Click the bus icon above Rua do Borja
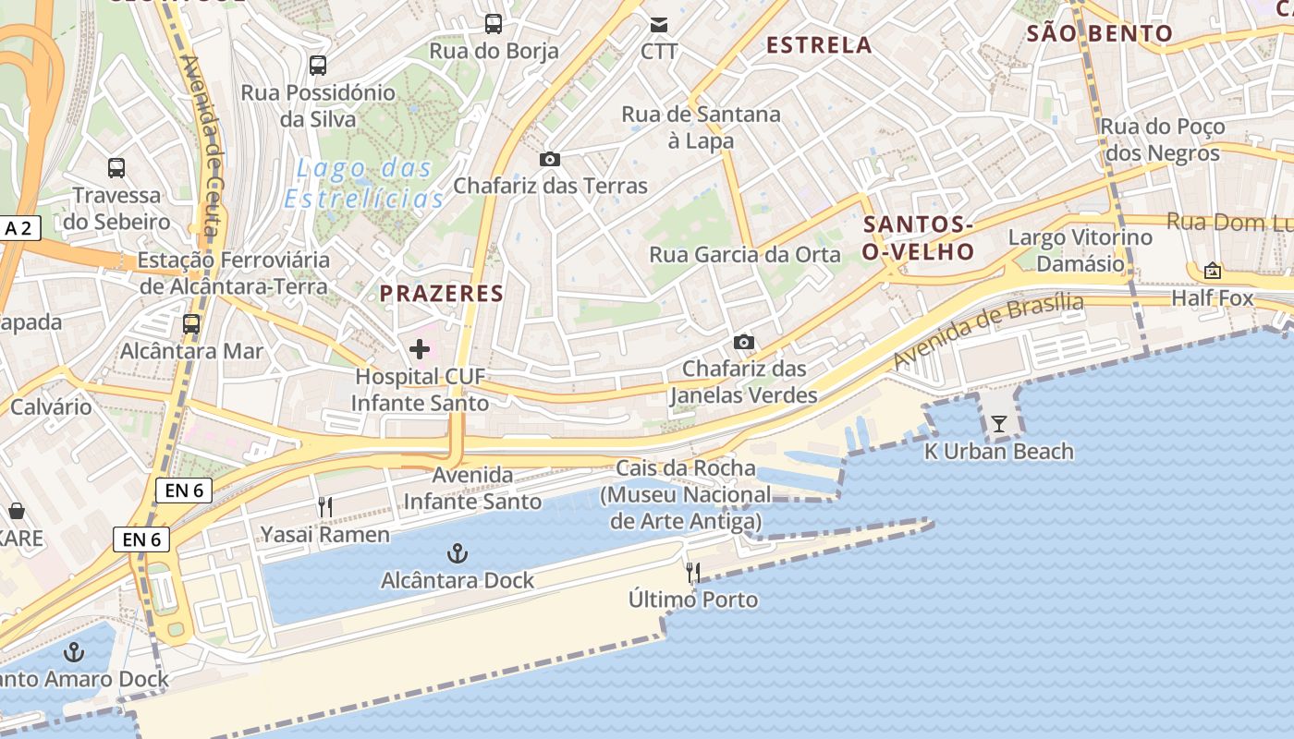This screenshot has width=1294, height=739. (x=494, y=24)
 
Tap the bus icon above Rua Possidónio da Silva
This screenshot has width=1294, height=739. (x=318, y=66)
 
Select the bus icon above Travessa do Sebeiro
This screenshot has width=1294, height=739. (x=116, y=168)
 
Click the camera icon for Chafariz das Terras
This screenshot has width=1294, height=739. (x=550, y=159)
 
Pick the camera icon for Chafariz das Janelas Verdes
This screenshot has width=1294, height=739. (x=743, y=343)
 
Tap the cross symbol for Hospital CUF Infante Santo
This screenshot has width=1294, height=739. (x=420, y=349)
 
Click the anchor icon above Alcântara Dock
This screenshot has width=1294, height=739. (x=457, y=553)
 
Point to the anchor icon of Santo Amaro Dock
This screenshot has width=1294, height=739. (x=74, y=653)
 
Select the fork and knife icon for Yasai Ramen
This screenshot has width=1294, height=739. (x=324, y=507)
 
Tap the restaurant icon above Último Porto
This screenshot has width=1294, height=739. (x=693, y=573)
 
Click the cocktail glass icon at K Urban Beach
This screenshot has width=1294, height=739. (x=999, y=424)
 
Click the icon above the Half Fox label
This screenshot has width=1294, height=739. (x=1212, y=271)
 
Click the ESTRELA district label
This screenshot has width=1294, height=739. (x=819, y=44)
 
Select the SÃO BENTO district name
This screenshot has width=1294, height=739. (x=1100, y=34)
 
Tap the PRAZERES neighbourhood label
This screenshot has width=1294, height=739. (x=442, y=294)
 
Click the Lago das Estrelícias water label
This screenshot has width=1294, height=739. (x=364, y=184)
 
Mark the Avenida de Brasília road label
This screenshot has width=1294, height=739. (x=988, y=330)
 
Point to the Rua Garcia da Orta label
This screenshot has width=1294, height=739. (x=745, y=255)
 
